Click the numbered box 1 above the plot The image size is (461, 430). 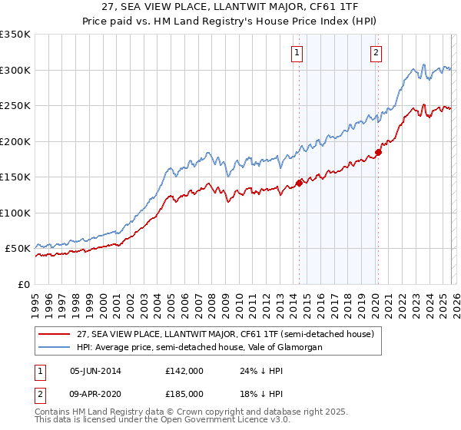(297, 53)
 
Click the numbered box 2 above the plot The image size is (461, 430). (376, 53)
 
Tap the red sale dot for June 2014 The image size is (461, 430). (299, 184)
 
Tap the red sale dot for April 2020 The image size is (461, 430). (378, 152)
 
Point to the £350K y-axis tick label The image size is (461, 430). (15, 35)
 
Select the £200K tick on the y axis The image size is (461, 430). (15, 141)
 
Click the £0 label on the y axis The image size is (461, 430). (24, 284)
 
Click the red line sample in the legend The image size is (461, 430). (55, 334)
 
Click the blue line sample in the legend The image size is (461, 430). (55, 347)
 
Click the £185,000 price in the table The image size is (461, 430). (184, 393)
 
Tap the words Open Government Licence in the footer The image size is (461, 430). (227, 421)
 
